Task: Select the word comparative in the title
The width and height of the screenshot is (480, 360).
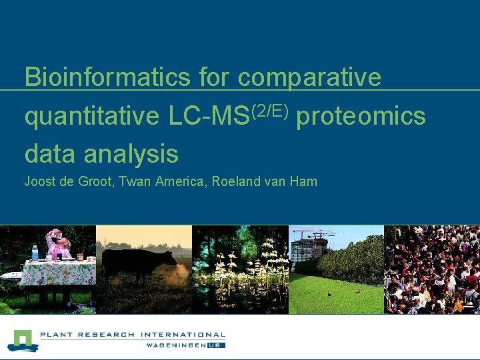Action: (x=309, y=77)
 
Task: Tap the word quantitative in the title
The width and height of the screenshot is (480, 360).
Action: (x=91, y=116)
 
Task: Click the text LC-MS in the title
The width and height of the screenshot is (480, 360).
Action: (x=207, y=116)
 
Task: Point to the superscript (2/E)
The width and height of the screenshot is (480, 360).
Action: (x=269, y=109)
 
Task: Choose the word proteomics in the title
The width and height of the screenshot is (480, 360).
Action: (x=360, y=116)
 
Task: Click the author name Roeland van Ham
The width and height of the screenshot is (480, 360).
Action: (x=265, y=181)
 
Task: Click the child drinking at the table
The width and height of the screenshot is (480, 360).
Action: (x=56, y=243)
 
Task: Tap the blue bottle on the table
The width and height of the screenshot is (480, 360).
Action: (x=35, y=253)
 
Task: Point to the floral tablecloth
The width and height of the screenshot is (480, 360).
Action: (x=57, y=272)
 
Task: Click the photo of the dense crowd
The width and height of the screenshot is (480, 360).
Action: (x=432, y=269)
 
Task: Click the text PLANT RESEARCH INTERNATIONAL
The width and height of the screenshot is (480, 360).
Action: (x=133, y=335)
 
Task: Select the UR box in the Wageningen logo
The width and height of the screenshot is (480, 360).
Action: (x=217, y=345)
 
